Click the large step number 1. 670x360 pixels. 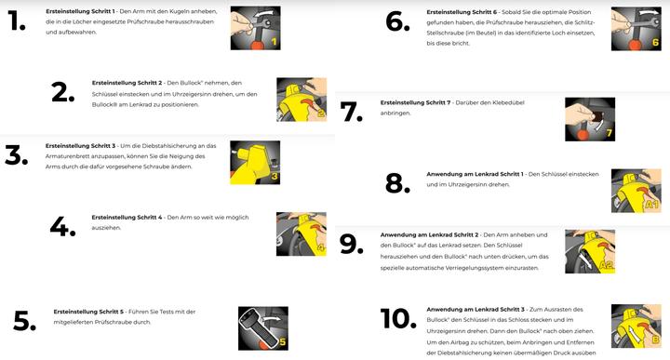(16, 20)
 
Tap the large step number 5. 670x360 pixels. (24, 321)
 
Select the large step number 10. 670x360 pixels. (398, 318)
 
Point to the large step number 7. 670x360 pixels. (351, 112)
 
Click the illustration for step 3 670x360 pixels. (255, 163)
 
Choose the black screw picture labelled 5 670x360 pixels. (263, 328)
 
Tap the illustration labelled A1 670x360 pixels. (636, 191)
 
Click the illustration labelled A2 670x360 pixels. (590, 251)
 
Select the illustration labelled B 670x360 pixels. (636, 327)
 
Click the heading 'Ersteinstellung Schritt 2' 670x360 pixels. (127, 83)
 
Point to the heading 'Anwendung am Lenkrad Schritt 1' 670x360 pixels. (475, 174)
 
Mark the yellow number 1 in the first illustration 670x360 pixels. (274, 42)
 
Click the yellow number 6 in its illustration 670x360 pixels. (655, 42)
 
